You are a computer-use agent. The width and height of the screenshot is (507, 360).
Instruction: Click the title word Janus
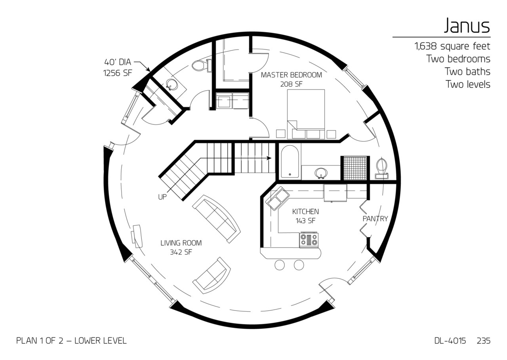pyautogui.click(x=467, y=26)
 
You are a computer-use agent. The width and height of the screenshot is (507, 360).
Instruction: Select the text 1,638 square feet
pyautogui.click(x=452, y=46)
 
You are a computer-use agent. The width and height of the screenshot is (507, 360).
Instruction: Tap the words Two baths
pyautogui.click(x=467, y=72)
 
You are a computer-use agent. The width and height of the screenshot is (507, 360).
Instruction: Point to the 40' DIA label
pyautogui.click(x=117, y=62)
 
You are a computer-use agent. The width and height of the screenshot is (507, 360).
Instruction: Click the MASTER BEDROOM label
pyautogui.click(x=291, y=75)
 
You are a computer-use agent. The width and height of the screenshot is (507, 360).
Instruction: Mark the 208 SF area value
pyautogui.click(x=291, y=84)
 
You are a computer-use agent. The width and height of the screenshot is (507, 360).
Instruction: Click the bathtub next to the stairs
pyautogui.click(x=290, y=161)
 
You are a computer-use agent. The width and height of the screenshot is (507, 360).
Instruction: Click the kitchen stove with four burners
pyautogui.click(x=309, y=240)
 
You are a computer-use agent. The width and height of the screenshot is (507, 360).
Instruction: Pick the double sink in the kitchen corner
pyautogui.click(x=277, y=198)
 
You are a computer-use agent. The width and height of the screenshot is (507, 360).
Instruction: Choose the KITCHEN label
pyautogui.click(x=305, y=212)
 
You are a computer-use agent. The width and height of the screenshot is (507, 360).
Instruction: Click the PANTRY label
pyautogui.click(x=375, y=219)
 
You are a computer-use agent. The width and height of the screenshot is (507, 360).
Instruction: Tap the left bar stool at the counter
pyautogui.click(x=280, y=265)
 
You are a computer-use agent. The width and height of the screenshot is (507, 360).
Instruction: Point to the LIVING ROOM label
pyautogui.click(x=181, y=243)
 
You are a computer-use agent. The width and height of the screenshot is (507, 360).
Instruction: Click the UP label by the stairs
pyautogui.click(x=162, y=197)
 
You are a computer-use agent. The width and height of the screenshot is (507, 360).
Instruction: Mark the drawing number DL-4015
pyautogui.click(x=450, y=341)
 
